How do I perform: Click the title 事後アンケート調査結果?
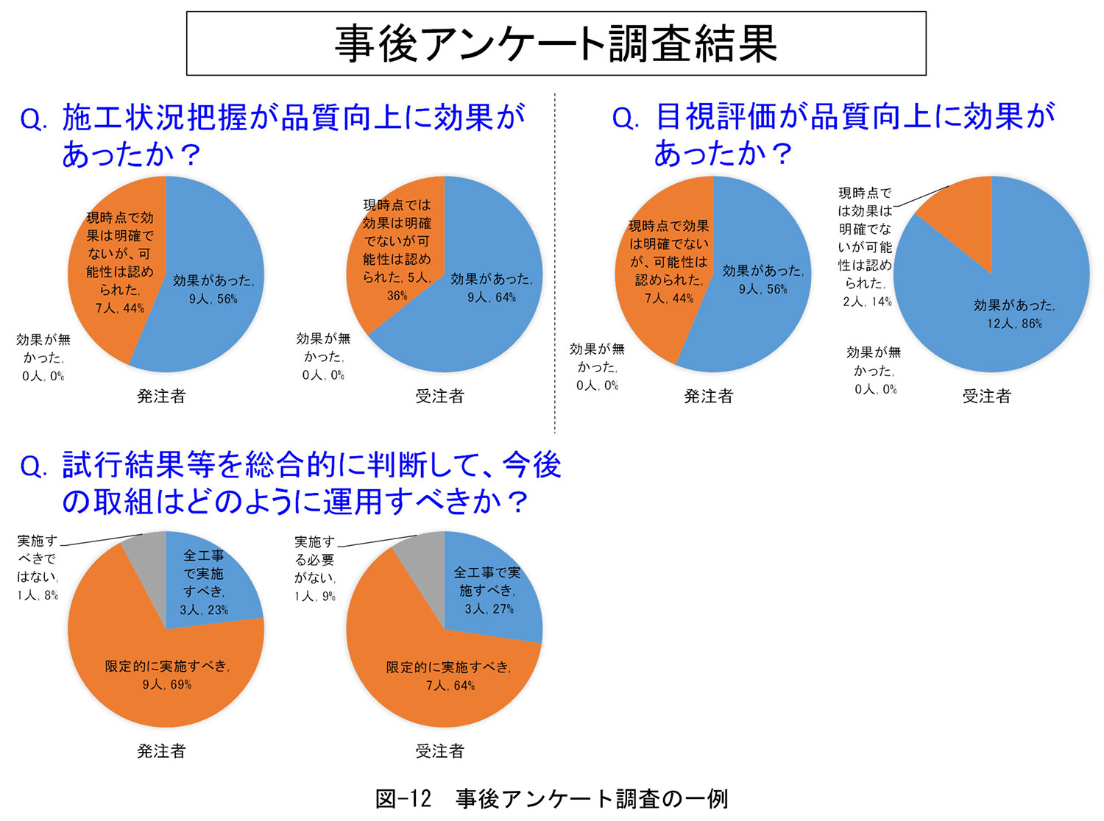tap(556, 43)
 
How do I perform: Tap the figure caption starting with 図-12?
tap(551, 799)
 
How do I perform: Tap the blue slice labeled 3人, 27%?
tap(489, 592)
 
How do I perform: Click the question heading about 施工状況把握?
tap(272, 135)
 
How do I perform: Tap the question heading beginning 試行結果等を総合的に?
tap(291, 483)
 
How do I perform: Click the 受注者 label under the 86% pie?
tap(986, 397)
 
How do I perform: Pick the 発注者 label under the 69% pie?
tap(161, 751)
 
